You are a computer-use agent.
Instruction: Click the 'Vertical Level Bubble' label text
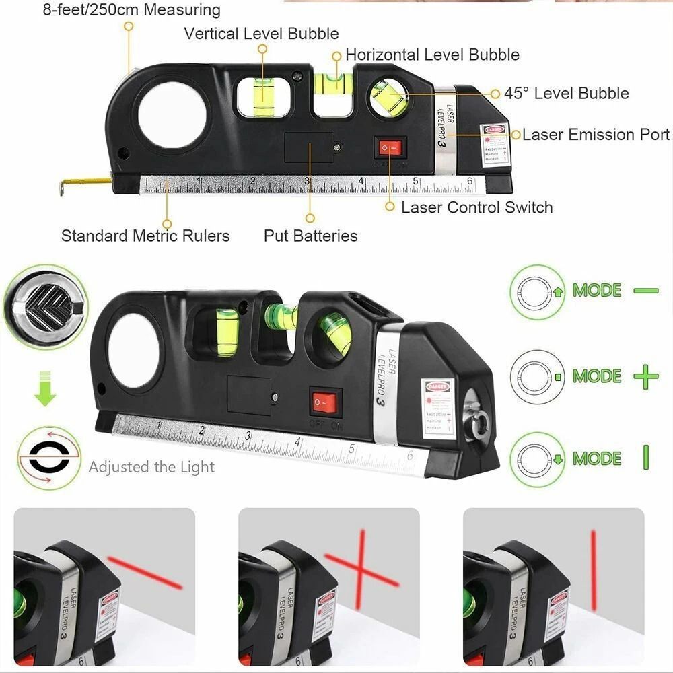pyautogui.click(x=261, y=33)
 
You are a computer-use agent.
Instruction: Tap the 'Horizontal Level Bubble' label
pyautogui.click(x=432, y=55)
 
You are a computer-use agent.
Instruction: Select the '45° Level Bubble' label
pyautogui.click(x=567, y=94)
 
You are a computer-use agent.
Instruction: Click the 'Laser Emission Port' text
pyautogui.click(x=596, y=135)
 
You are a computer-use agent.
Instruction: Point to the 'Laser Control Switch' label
pyautogui.click(x=476, y=207)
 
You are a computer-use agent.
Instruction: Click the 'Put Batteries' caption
pyautogui.click(x=310, y=236)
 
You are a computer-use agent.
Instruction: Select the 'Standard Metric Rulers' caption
pyautogui.click(x=145, y=236)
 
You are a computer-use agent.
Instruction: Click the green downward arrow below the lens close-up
pyautogui.click(x=46, y=388)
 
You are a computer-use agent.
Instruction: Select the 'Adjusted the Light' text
pyautogui.click(x=151, y=467)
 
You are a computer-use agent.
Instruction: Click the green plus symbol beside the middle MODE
pyautogui.click(x=645, y=376)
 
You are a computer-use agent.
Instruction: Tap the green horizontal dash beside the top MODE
pyautogui.click(x=645, y=291)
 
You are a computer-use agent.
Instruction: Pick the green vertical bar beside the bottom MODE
pyautogui.click(x=646, y=458)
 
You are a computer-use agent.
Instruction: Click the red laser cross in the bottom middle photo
pyautogui.click(x=362, y=565)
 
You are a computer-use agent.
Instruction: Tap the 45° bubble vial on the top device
pyautogui.click(x=390, y=98)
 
